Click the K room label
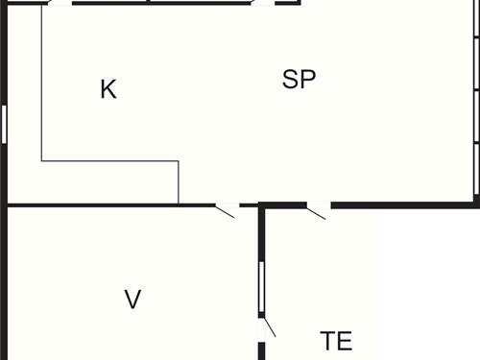[x=108, y=89]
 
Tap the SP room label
[x=299, y=80]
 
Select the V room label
[x=133, y=300]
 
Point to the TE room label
[x=336, y=341]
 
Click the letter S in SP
[x=291, y=80]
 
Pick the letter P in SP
[x=307, y=80]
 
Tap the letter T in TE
[x=328, y=341]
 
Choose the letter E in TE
[x=345, y=341]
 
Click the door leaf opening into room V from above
[x=226, y=210]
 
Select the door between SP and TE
[x=317, y=211]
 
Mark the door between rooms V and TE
[x=269, y=326]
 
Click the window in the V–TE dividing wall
[x=261, y=287]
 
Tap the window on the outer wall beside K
[x=4, y=124]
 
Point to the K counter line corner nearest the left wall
[x=42, y=161]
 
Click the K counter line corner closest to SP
[x=179, y=161]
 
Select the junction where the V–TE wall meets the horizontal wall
[x=262, y=205]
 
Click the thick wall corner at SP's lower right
[x=476, y=203]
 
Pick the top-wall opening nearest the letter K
[x=60, y=3]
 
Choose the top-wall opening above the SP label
[x=262, y=3]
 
